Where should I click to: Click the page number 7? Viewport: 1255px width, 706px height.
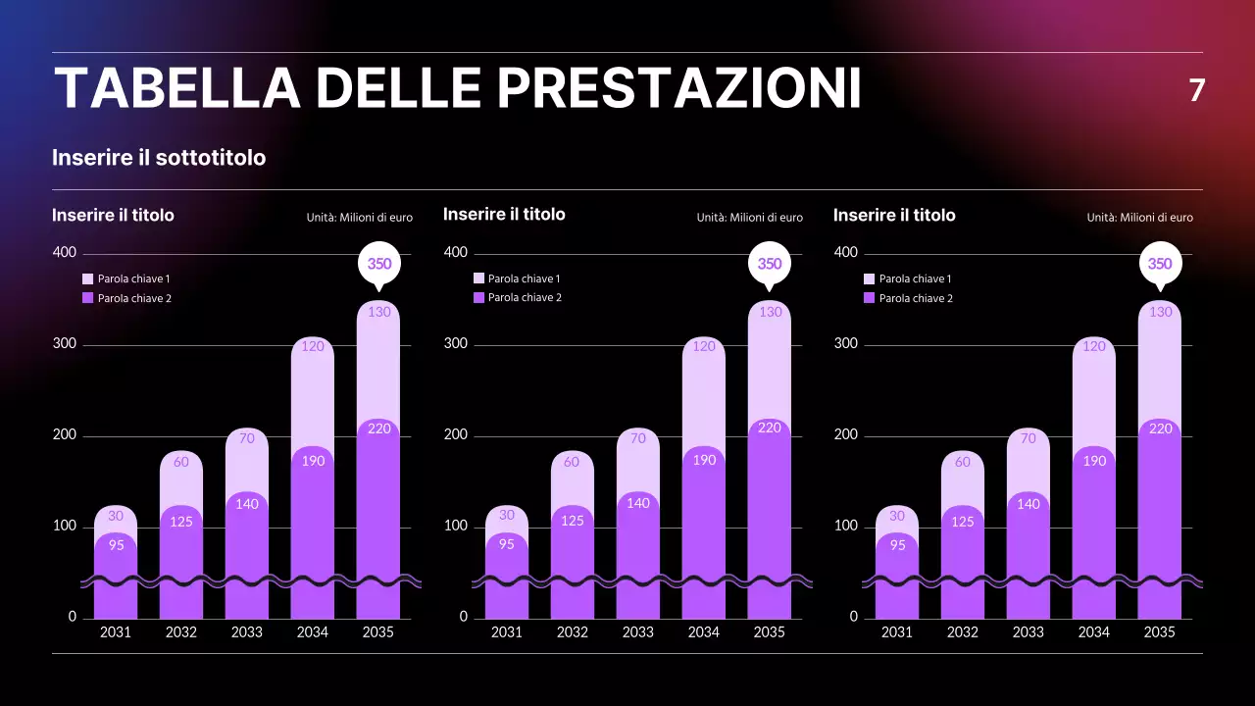pos(1196,90)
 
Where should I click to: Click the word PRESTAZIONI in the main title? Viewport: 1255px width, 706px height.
pos(678,88)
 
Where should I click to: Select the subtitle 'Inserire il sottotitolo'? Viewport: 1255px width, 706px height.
pos(159,157)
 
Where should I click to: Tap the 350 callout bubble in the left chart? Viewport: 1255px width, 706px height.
pos(378,264)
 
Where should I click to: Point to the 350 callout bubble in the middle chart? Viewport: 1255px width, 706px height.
pos(770,264)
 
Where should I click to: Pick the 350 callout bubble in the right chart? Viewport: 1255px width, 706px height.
pos(1160,264)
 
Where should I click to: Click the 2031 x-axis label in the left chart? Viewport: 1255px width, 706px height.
pos(116,632)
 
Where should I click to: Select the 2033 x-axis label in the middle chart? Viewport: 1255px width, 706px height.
pos(637,632)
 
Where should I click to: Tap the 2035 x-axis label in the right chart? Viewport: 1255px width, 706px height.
pos(1159,632)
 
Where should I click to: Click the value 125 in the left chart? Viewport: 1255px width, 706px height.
pos(181,522)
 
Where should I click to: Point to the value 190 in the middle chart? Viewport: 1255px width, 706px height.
pos(704,460)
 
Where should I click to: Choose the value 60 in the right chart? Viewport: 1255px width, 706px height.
pos(963,462)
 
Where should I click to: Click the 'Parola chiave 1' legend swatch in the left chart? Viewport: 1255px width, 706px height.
pos(88,279)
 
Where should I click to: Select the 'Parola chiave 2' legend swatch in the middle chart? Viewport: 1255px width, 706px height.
pos(479,297)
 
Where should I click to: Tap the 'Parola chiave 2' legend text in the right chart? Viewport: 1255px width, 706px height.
pos(916,298)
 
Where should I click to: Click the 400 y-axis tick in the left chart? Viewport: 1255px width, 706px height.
pos(64,253)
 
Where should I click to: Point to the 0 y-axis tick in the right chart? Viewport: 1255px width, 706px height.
pos(853,617)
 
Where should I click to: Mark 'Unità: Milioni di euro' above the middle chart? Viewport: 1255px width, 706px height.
pos(749,218)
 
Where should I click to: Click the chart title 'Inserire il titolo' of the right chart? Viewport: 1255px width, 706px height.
pos(894,215)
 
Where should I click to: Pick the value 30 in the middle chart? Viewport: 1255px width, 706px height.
pos(506,515)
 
